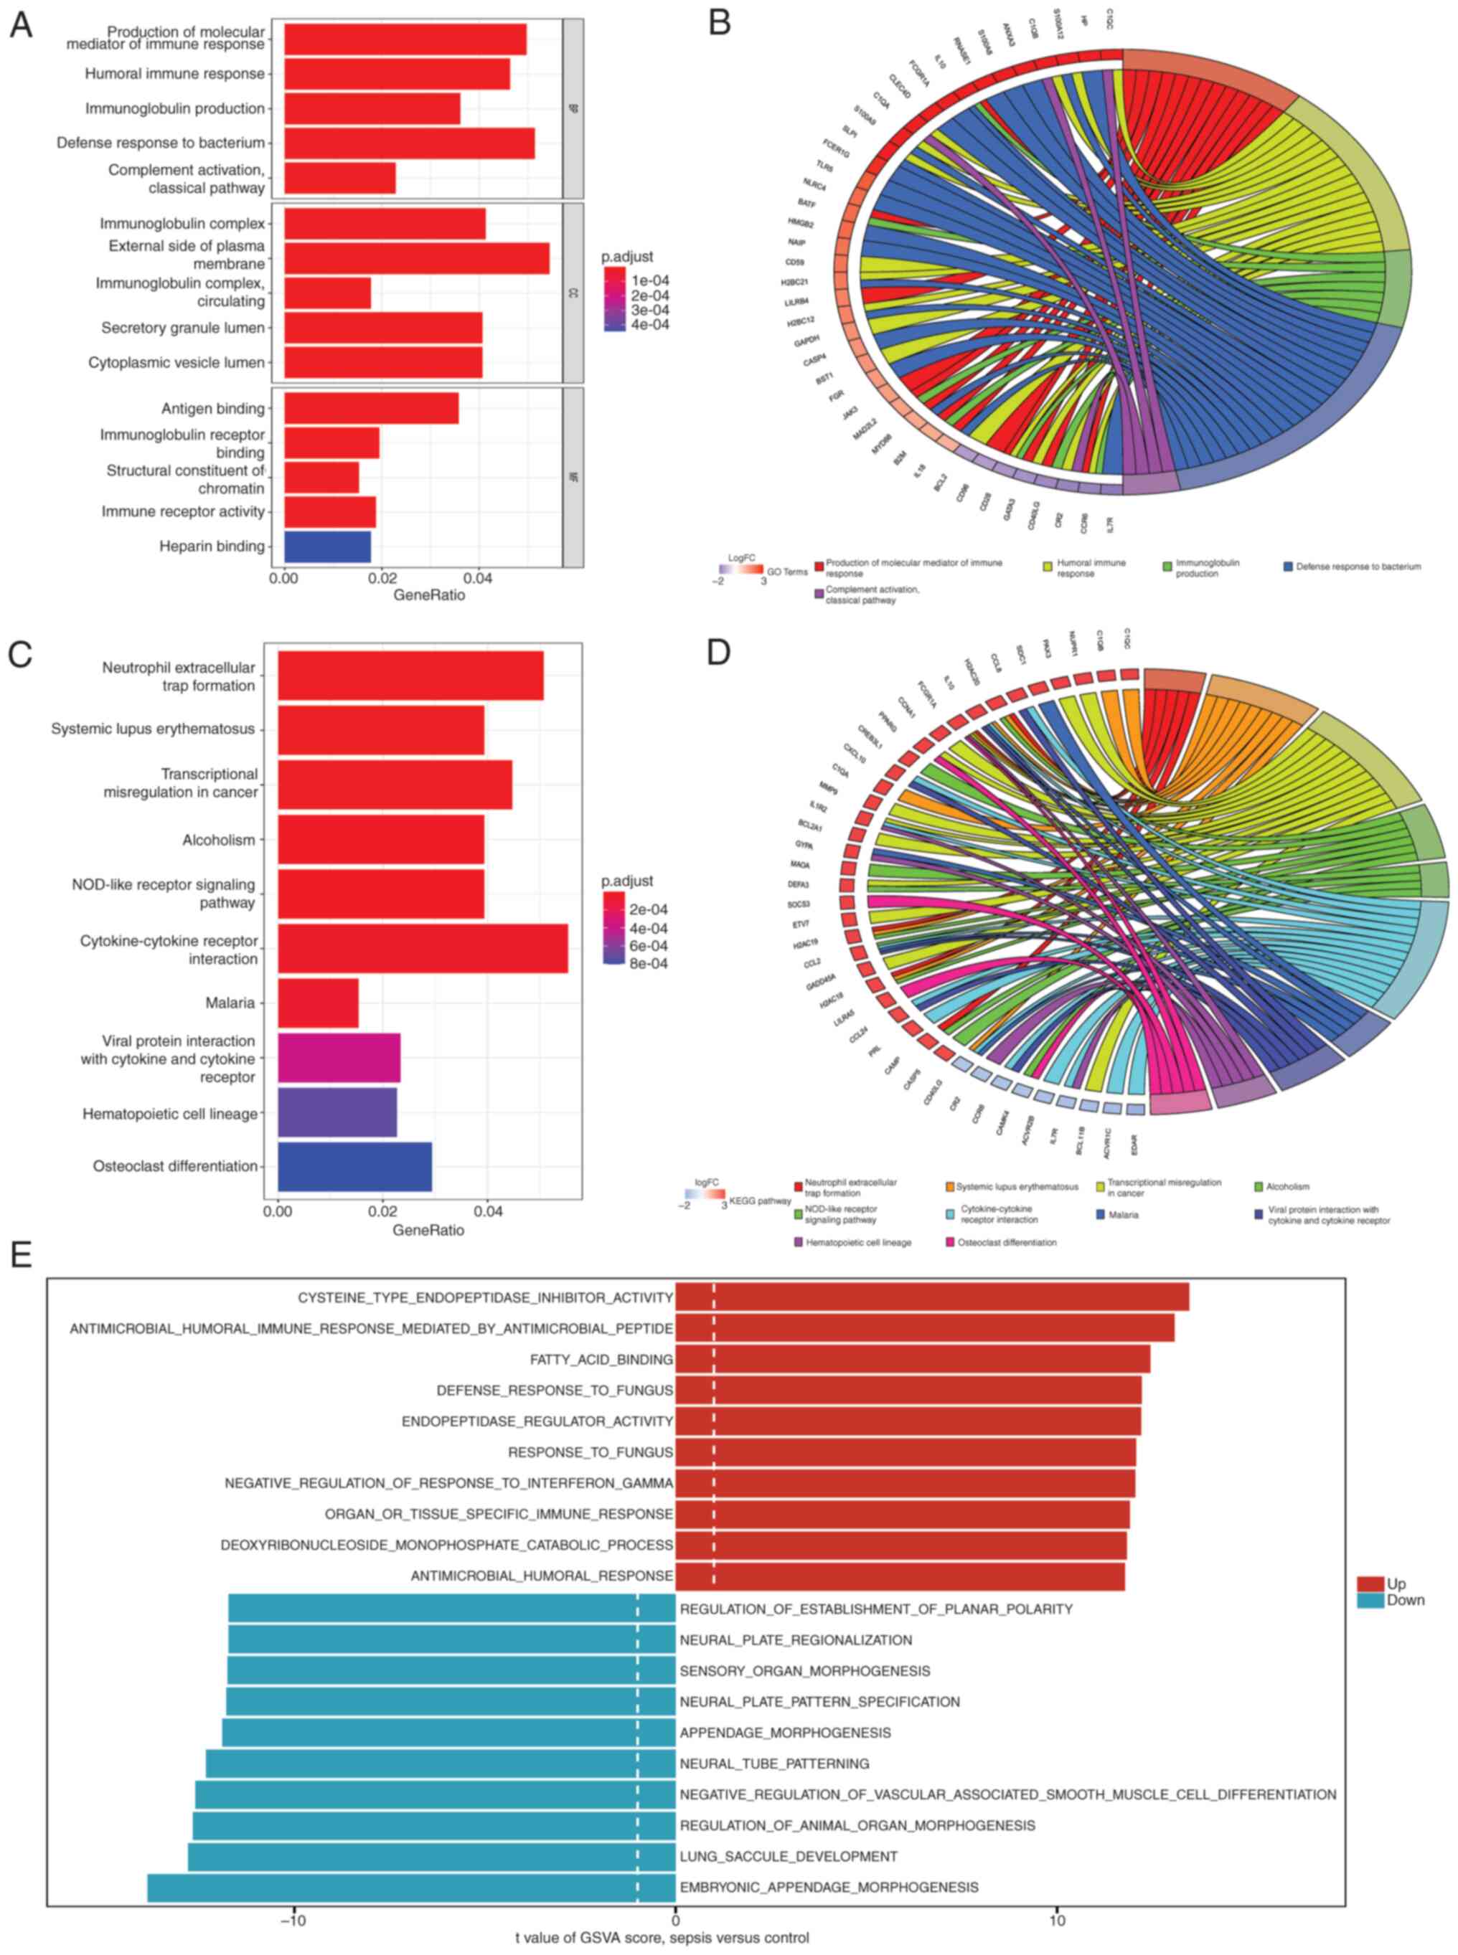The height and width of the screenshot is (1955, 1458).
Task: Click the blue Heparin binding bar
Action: (x=326, y=546)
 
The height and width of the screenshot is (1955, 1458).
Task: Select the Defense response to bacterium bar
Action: (x=409, y=143)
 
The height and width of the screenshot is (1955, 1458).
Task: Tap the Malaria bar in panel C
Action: (x=318, y=1002)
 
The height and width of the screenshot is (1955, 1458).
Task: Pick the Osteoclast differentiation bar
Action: (x=354, y=1166)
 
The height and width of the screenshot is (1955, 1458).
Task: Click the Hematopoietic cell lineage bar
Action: (x=337, y=1112)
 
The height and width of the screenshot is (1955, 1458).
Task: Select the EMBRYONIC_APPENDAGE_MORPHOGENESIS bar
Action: (x=410, y=1887)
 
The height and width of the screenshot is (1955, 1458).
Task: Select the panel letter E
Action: (x=19, y=1254)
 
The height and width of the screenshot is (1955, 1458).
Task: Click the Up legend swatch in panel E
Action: (x=1370, y=1584)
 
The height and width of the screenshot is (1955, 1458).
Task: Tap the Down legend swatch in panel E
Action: (x=1370, y=1600)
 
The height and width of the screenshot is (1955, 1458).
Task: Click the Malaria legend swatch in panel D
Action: (x=1101, y=1215)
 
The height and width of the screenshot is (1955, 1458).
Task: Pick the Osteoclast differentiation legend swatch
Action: (x=950, y=1242)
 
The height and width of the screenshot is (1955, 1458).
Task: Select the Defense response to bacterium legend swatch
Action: (x=1288, y=567)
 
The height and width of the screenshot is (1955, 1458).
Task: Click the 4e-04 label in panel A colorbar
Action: (x=651, y=325)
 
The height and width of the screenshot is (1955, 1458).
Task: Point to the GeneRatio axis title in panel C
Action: (x=428, y=1230)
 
